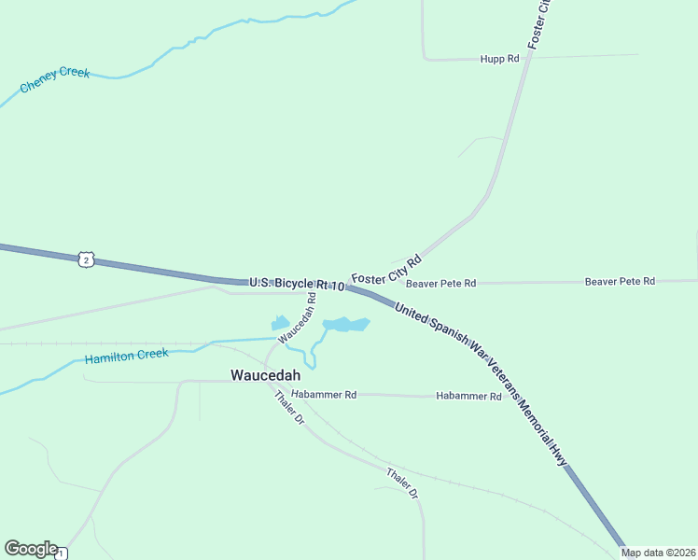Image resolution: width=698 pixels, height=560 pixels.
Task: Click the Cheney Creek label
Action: coord(55,78)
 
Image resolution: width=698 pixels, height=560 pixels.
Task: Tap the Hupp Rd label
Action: coord(499,59)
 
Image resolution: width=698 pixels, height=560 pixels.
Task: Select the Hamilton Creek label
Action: coord(126,356)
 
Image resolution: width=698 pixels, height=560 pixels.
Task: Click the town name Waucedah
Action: coord(266,375)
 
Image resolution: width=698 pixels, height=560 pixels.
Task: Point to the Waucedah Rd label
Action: coord(298,316)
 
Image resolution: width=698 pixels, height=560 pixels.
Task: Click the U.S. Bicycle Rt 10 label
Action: coord(297,283)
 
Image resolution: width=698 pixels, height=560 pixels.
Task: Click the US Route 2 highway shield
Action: coord(86,259)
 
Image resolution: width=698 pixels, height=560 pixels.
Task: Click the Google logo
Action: coord(31,549)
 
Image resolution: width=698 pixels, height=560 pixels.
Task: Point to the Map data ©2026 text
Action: coord(658,553)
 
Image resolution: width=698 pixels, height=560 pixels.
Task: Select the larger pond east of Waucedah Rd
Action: coord(345,325)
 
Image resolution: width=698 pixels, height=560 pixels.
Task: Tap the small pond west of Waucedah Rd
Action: coord(280,323)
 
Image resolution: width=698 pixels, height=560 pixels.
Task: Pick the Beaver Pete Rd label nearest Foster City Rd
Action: coord(440,283)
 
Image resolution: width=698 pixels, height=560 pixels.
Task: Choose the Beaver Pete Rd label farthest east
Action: coord(620,281)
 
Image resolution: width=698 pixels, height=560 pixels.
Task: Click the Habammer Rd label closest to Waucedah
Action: coord(324,395)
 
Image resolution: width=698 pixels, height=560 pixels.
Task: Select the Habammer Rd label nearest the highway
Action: coord(468,397)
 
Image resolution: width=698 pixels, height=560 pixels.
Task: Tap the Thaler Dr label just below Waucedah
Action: coord(289,408)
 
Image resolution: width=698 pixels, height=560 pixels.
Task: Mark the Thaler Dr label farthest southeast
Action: coord(402,483)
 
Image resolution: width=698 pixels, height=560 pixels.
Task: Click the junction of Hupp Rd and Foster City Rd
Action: coord(531,57)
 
